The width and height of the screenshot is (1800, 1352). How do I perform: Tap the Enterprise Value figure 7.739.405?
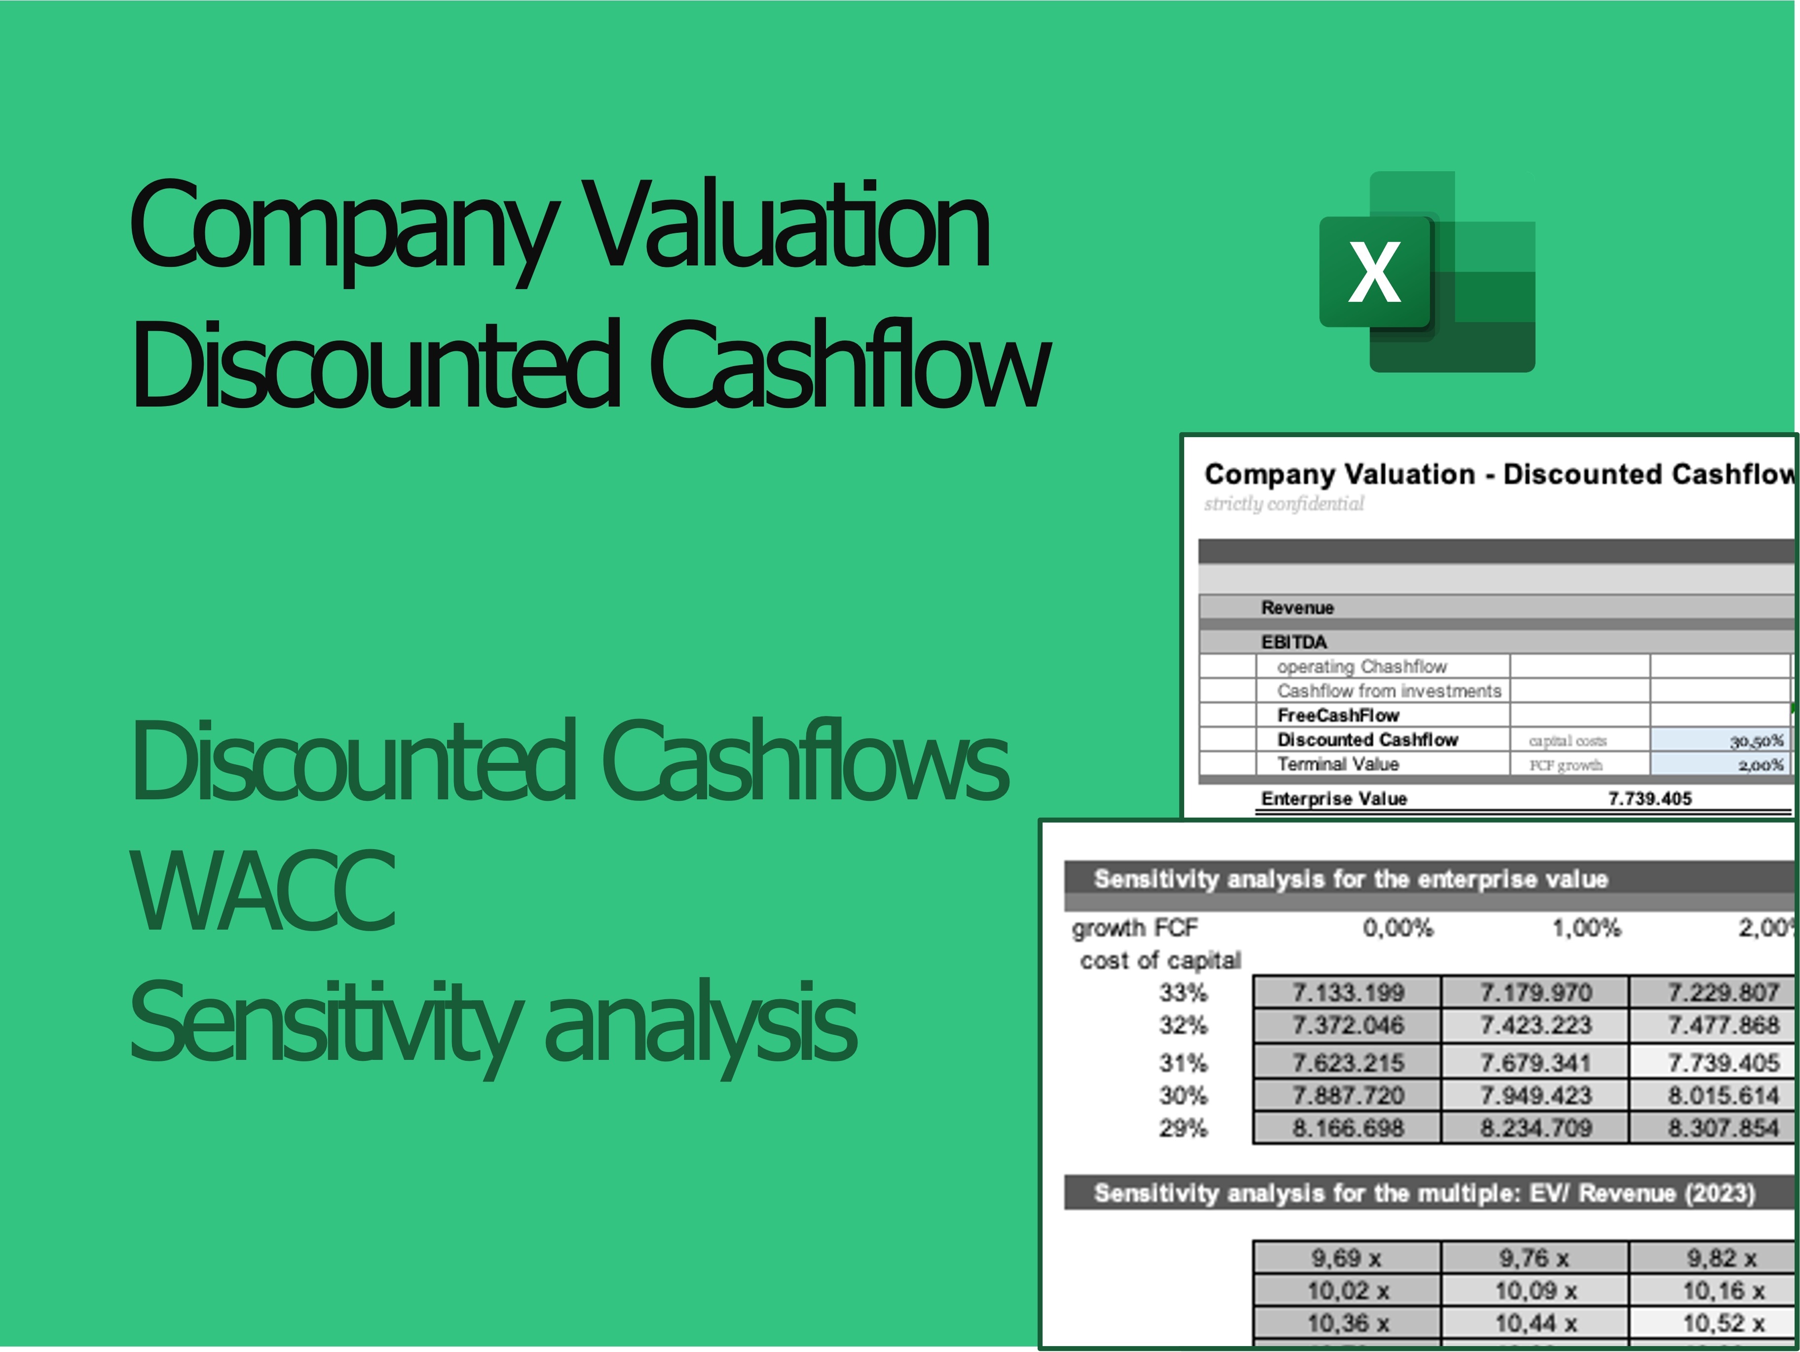pos(1650,798)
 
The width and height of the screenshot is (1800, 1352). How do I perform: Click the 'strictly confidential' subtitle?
pos(1284,504)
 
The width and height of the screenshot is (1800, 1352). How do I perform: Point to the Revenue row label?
pos(1297,607)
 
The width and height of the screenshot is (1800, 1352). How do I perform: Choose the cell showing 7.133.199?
pos(1348,992)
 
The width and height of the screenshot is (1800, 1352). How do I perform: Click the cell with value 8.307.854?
pos(1723,1127)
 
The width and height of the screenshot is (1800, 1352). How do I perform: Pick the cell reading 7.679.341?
pos(1535,1062)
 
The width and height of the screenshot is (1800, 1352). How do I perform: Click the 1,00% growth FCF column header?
pos(1586,927)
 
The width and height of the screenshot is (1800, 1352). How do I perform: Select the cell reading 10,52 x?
pos(1723,1323)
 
